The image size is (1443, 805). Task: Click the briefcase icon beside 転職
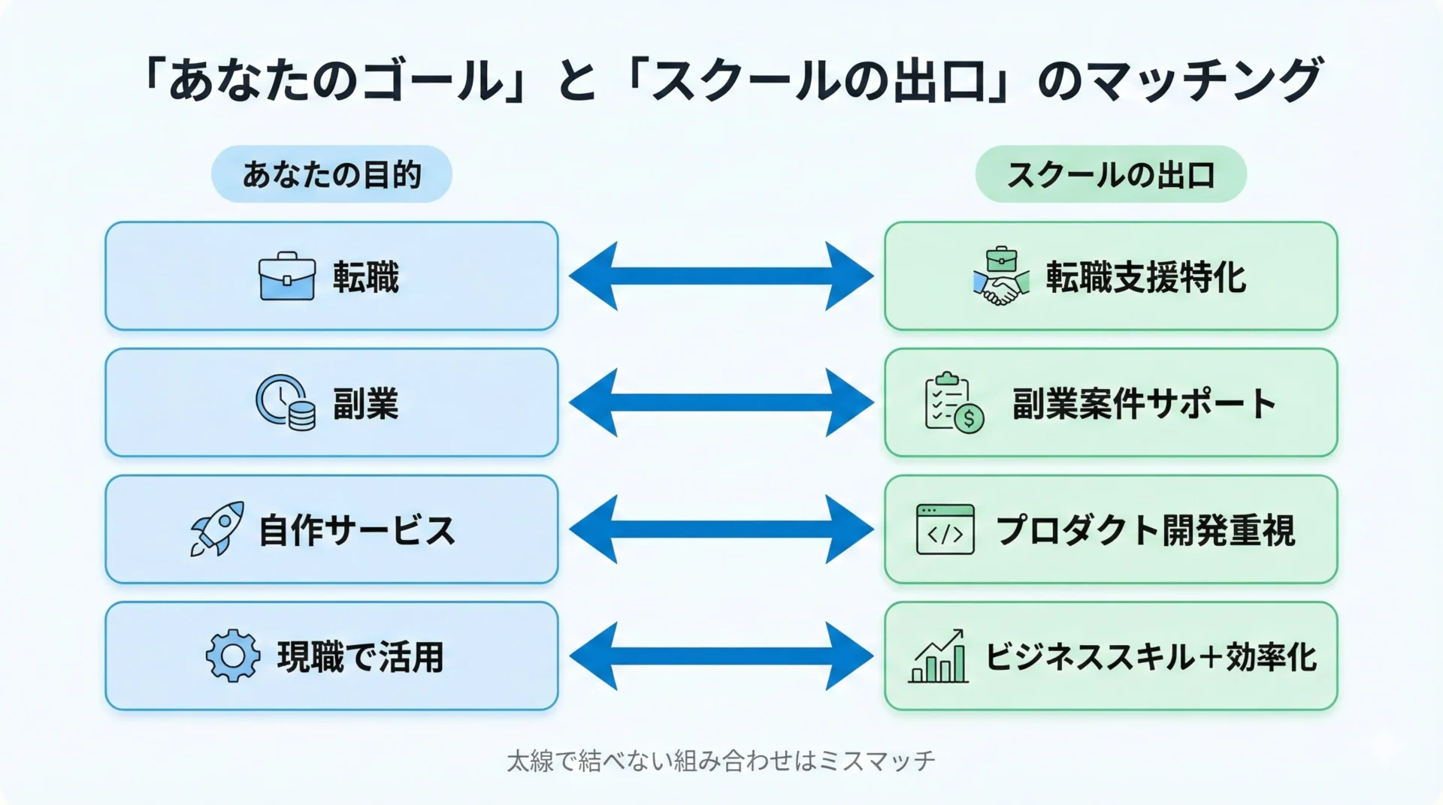[286, 276]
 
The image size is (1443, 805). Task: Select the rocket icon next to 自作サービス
[217, 529]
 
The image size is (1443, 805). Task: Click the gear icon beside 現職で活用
[233, 656]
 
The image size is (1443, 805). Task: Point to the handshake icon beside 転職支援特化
[1000, 277]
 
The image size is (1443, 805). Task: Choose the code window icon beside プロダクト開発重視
[945, 529]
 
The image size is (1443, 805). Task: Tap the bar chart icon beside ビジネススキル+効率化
[939, 656]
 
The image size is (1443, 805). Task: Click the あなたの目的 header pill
[331, 174]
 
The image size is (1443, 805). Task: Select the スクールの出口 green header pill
[1110, 175]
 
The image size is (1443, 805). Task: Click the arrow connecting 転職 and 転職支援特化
[721, 276]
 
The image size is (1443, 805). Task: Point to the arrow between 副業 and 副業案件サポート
[721, 402]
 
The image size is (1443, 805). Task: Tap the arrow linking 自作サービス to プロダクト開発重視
[721, 529]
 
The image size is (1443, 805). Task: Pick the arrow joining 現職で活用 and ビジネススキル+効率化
[721, 656]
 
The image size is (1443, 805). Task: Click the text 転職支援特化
[1145, 277]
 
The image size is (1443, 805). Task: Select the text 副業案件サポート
[1144, 403]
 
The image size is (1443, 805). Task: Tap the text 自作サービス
[357, 530]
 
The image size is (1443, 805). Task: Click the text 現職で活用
[361, 656]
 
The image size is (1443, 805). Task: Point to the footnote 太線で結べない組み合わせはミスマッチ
[721, 761]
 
